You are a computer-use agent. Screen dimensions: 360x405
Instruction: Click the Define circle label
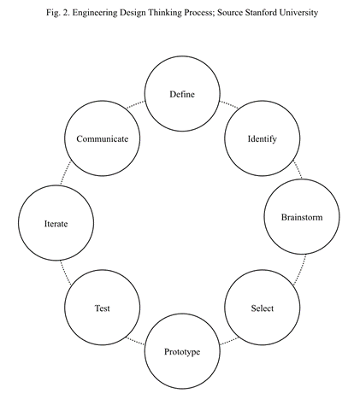point(182,94)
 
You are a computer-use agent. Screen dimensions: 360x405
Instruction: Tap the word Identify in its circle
point(262,139)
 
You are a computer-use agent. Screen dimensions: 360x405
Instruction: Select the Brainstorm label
point(302,217)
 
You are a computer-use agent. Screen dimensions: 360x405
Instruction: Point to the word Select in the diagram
point(263,308)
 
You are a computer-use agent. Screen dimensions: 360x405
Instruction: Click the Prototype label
point(182,352)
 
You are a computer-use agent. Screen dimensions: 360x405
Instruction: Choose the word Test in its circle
point(103,308)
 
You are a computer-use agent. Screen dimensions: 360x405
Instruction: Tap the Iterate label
point(56,224)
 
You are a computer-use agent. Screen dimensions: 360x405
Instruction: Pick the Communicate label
point(103,139)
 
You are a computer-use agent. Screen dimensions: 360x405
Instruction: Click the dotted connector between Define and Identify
point(228,104)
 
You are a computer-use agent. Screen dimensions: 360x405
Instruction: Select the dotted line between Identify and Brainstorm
point(298,170)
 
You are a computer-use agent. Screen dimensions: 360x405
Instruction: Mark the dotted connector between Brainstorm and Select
point(299,270)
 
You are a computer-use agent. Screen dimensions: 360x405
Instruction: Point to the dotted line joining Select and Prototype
point(229,341)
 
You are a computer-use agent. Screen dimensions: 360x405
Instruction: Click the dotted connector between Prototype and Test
point(135,341)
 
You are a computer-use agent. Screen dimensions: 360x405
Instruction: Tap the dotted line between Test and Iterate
point(66,273)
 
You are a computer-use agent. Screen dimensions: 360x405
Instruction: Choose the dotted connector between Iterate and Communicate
point(66,173)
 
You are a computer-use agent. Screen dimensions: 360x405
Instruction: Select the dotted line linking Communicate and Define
point(136,104)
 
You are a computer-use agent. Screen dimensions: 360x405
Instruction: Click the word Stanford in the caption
point(257,13)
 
